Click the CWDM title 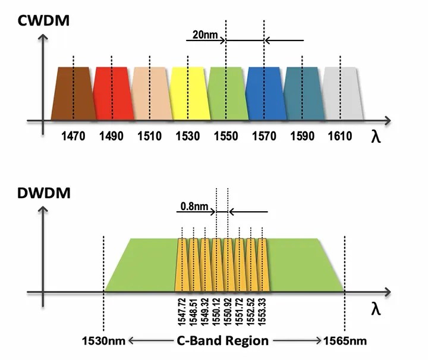pos(45,21)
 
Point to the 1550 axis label pos(226,136)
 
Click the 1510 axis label pos(149,136)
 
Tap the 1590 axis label pos(302,136)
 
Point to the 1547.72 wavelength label pos(182,311)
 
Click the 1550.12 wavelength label pos(216,311)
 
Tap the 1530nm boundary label pos(103,342)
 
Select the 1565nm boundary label pos(345,342)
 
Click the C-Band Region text pos(223,342)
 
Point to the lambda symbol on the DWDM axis pos(376,309)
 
